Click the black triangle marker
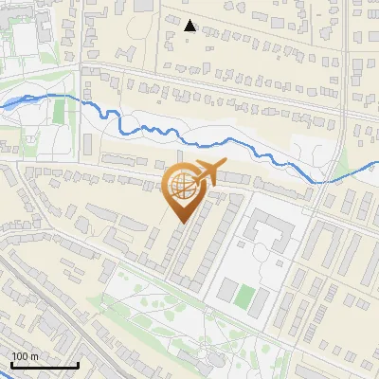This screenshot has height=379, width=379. click(x=189, y=26)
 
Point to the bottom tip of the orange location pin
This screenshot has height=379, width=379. click(x=182, y=224)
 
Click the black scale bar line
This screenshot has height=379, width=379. click(x=44, y=366)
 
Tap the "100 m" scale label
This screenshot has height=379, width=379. click(x=26, y=356)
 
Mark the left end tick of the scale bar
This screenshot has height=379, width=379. click(x=10, y=365)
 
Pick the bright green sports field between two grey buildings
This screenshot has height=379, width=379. click(x=244, y=297)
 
